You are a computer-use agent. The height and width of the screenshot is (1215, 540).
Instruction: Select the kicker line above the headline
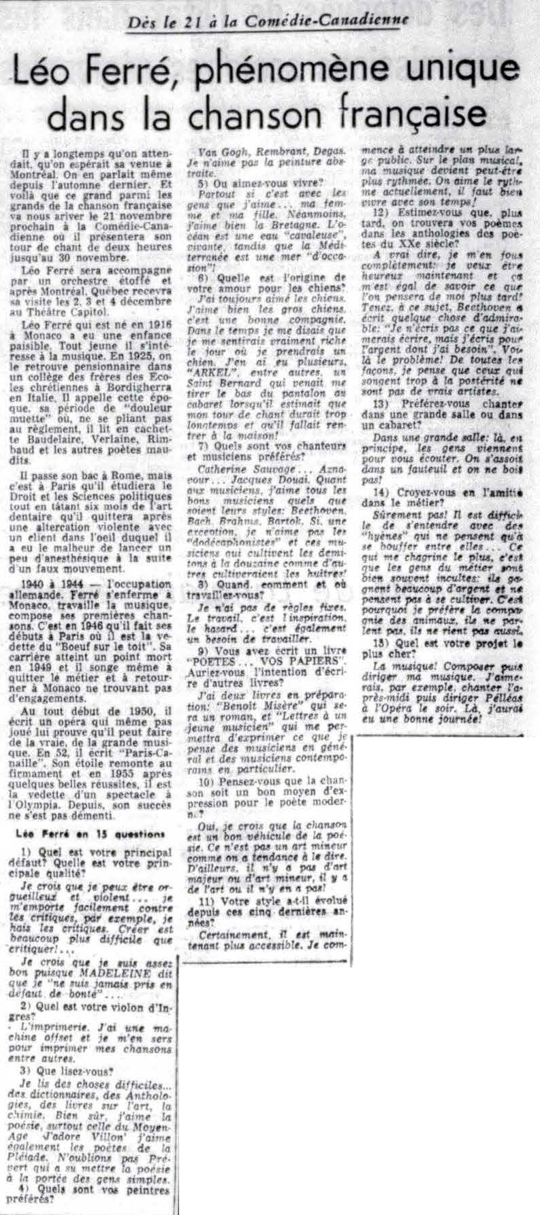click(269, 19)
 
